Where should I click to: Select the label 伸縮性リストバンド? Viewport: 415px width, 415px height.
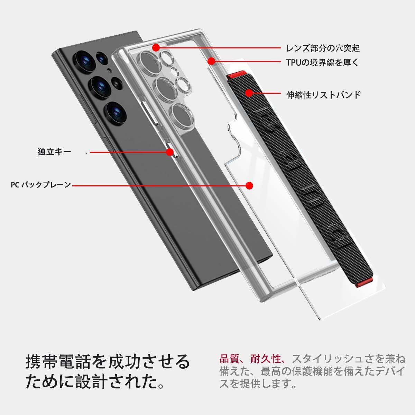pos(324,94)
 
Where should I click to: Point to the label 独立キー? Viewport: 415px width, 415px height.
pos(54,151)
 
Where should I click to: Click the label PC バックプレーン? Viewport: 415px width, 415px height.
pos(41,185)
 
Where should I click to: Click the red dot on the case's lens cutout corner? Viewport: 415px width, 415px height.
pos(156,47)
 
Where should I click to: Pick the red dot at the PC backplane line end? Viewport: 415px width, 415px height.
pos(249,185)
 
